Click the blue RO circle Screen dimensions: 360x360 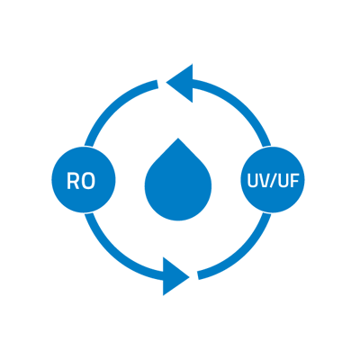pyautogui.click(x=84, y=180)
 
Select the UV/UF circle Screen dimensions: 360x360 pyautogui.click(x=273, y=180)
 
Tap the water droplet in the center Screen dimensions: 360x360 pyautogui.click(x=178, y=183)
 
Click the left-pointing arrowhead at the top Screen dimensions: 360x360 pyautogui.click(x=183, y=83)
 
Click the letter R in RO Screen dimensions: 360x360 pyautogui.click(x=73, y=181)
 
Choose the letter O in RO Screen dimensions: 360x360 pyautogui.click(x=88, y=181)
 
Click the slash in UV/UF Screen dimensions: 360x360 pyautogui.click(x=273, y=181)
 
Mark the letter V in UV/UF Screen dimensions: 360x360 pyautogui.click(x=264, y=180)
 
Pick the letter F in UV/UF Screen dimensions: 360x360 pyautogui.click(x=294, y=180)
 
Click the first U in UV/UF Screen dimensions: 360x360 pyautogui.click(x=252, y=181)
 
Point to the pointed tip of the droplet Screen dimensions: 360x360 pyautogui.click(x=178, y=138)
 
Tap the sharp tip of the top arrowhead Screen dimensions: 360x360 pyautogui.click(x=166, y=82)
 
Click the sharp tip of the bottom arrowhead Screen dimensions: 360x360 pyautogui.click(x=189, y=276)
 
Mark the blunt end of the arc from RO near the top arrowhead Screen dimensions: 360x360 pyautogui.click(x=157, y=85)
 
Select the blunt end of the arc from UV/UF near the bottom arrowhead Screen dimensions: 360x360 pyautogui.click(x=198, y=275)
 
